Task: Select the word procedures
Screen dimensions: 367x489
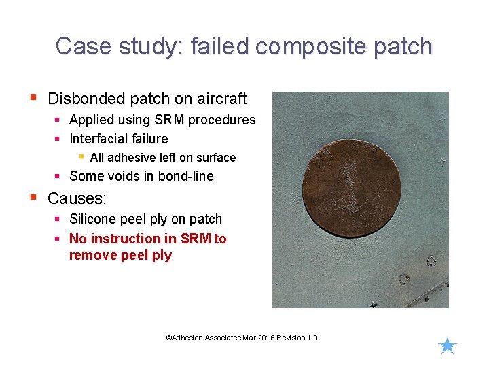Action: (221, 120)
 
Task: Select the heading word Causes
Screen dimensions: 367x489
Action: (76, 198)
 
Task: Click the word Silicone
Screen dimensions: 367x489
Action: (94, 219)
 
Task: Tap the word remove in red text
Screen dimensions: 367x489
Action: (90, 256)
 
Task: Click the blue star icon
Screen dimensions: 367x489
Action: (448, 346)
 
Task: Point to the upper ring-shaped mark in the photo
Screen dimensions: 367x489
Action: (431, 260)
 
